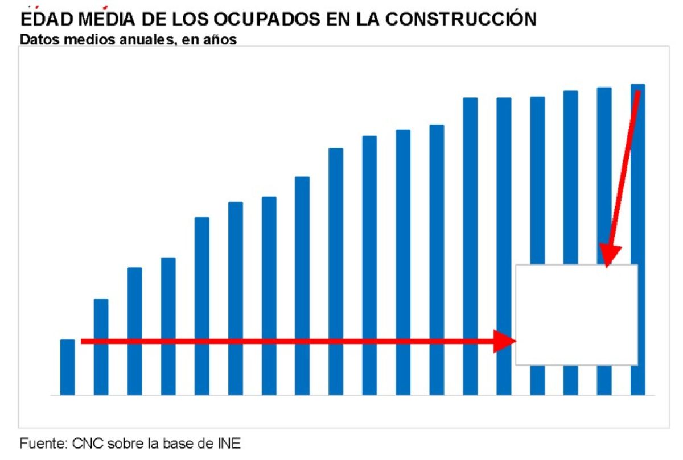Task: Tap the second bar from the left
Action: coord(101,347)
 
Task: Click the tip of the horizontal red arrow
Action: coord(515,341)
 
